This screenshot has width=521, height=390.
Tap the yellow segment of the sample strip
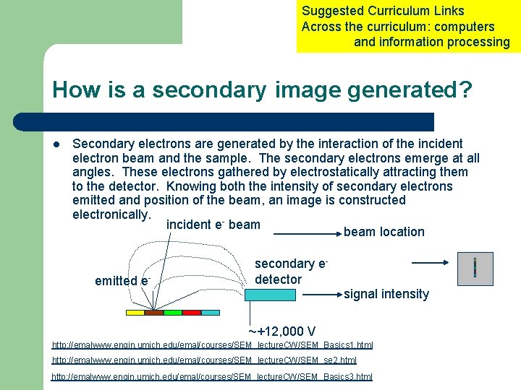[x=135, y=313]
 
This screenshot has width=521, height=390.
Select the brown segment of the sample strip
[x=154, y=313]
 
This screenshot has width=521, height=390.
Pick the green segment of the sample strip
[x=173, y=313]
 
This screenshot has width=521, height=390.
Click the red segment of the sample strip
[x=192, y=313]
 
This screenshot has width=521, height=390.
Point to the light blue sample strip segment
[x=211, y=313]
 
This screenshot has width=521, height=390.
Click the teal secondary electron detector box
[x=274, y=295]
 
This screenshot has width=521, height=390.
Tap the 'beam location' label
[x=384, y=232]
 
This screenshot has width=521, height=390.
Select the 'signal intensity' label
[x=386, y=294]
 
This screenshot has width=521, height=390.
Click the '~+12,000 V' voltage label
[x=281, y=331]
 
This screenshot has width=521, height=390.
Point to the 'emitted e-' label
[x=122, y=281]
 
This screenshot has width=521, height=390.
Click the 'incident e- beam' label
[x=213, y=225]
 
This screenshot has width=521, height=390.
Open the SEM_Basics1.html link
[x=212, y=344]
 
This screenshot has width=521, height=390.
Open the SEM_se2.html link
[x=204, y=360]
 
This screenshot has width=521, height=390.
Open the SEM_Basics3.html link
[x=212, y=376]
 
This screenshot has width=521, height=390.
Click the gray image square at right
[x=475, y=269]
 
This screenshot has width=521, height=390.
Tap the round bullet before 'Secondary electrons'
[x=56, y=144]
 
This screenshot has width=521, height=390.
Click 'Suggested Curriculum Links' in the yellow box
[x=383, y=11]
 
